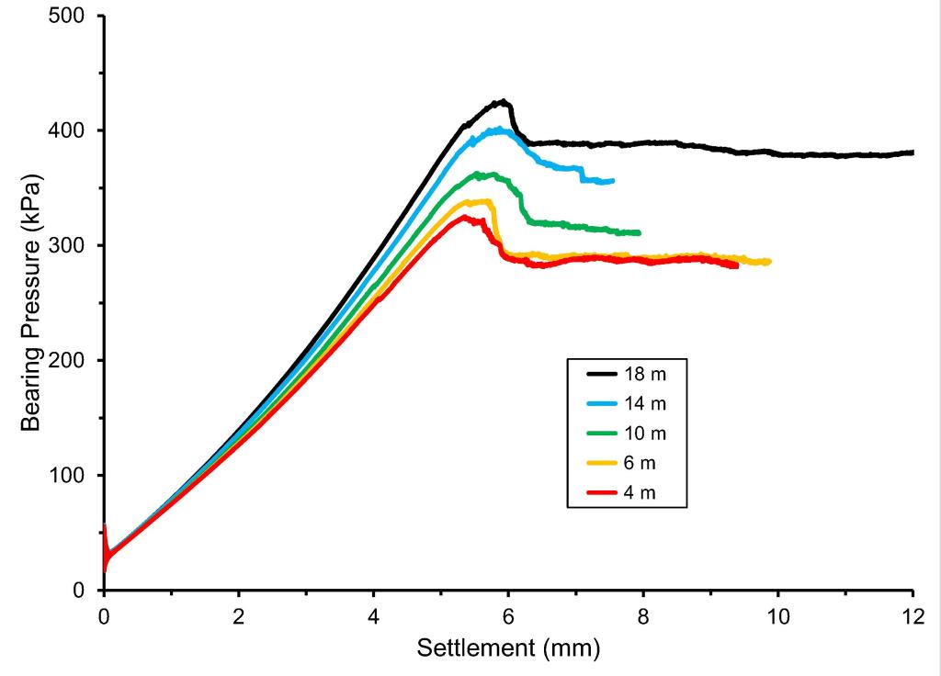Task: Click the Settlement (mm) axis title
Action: coord(508,648)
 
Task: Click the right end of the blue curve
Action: coord(613,181)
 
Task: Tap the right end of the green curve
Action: coord(639,232)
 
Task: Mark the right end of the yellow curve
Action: coord(770,262)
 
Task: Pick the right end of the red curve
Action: coord(737,266)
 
